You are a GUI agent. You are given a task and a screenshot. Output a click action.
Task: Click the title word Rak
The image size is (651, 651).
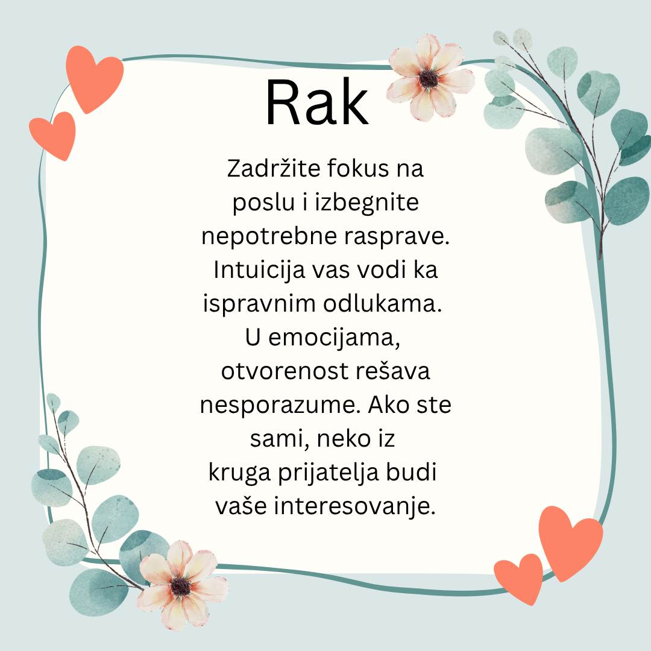coord(317,102)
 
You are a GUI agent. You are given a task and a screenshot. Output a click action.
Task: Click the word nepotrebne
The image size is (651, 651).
coord(269,237)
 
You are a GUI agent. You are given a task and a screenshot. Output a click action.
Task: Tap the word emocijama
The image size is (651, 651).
coord(334,338)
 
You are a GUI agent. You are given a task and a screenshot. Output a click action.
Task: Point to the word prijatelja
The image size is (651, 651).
coord(329,473)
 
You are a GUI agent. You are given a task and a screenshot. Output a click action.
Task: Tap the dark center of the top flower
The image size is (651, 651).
coord(429,78)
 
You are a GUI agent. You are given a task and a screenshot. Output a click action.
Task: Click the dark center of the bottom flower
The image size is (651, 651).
coord(181,587)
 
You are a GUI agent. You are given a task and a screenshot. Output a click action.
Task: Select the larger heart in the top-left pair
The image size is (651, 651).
coord(94,78)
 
